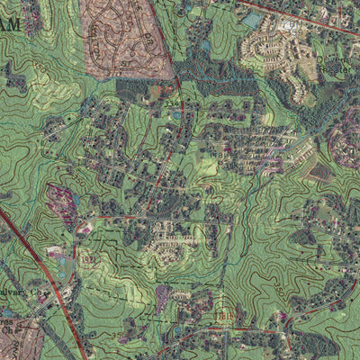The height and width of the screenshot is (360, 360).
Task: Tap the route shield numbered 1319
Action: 87,259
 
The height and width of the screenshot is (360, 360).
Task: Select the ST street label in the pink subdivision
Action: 135,45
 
